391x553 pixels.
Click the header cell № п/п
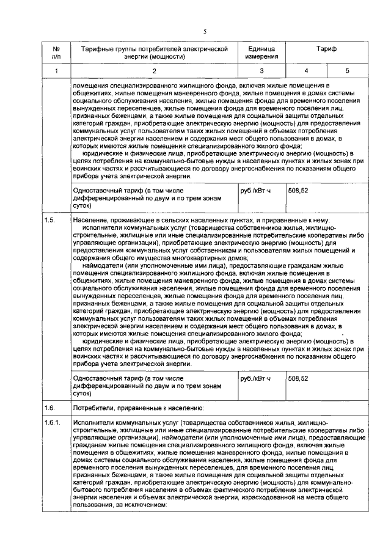56,51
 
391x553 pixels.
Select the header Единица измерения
261,51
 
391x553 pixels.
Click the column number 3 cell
261,71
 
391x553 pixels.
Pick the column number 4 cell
306,71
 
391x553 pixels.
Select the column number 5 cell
347,71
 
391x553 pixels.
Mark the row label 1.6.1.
53,422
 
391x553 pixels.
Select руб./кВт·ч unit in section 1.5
255,378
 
